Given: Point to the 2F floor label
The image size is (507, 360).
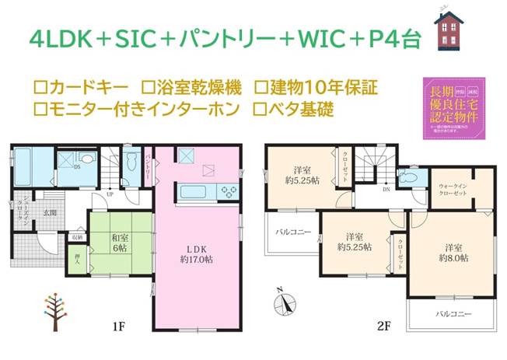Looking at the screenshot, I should point(383,329).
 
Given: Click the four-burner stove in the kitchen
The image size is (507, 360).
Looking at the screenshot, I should point(229,191).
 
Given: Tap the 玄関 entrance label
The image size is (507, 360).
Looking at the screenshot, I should point(51,211).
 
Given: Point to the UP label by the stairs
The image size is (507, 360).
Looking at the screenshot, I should point(110,194).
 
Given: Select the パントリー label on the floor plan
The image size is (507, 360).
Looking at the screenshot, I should point(149,168).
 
